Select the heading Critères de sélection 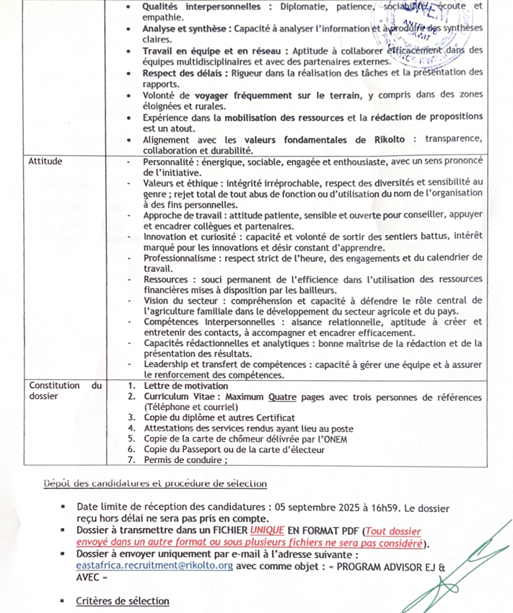pos(123,601)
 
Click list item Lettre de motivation pos(188,386)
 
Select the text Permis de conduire pos(184,459)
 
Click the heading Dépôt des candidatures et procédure pos(155,483)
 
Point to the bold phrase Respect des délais pos(183,72)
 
